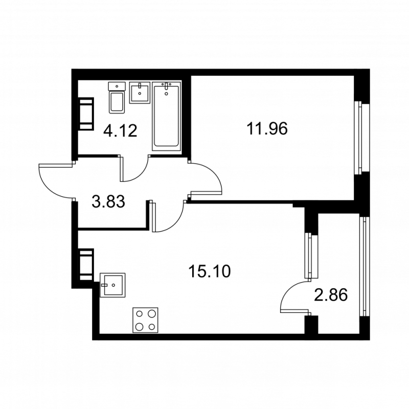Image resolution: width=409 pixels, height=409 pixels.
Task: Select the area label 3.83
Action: point(108,202)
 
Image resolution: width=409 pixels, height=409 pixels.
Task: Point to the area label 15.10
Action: point(210,270)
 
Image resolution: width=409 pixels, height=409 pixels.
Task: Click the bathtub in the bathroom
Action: point(167,117)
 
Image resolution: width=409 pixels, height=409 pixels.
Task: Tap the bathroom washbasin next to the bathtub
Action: point(139,93)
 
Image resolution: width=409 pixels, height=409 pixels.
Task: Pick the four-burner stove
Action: point(145,320)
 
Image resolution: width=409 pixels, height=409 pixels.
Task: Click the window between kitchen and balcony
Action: point(309,256)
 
